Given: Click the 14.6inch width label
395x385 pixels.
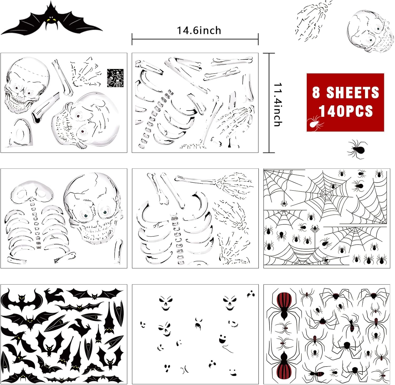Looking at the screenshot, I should [199, 30].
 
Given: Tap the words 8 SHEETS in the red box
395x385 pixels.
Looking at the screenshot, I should [345, 93].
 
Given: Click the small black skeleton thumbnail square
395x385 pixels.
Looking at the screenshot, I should [115, 78].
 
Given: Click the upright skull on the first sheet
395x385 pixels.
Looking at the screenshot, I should [25, 84].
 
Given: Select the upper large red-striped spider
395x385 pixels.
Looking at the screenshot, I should [284, 303].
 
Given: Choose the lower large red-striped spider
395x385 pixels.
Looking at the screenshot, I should [284, 364].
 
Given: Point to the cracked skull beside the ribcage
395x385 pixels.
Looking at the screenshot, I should [93, 207].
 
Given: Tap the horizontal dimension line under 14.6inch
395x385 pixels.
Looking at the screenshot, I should [195, 39].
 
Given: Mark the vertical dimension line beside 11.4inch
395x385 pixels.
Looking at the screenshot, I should [269, 103].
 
